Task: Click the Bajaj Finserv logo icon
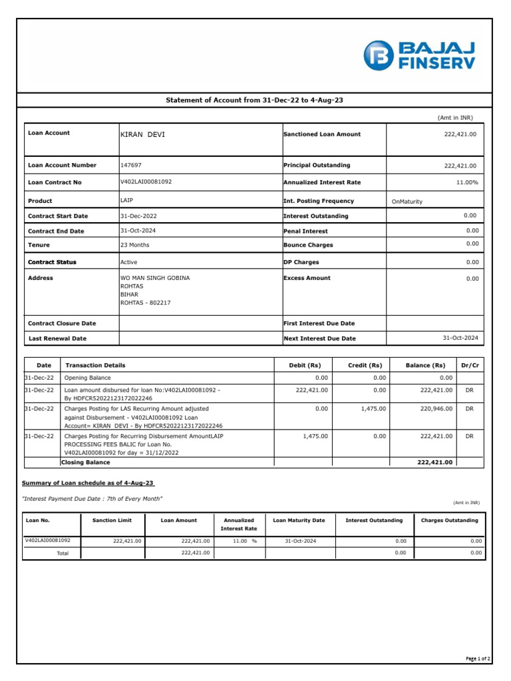point(379,55)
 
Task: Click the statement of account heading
point(254,100)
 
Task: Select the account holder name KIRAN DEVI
point(142,135)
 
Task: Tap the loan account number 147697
point(130,166)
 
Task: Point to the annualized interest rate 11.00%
point(466,182)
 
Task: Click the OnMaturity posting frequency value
point(407,202)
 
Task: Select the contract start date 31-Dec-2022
point(138,216)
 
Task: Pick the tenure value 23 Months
point(135,245)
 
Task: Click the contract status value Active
point(128,263)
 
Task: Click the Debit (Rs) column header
point(305,365)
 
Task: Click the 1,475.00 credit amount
point(373,408)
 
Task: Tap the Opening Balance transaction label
point(87,377)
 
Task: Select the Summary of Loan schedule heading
point(89,482)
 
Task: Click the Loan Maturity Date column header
point(299,520)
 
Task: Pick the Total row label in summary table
point(63,553)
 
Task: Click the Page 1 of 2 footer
point(478,659)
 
